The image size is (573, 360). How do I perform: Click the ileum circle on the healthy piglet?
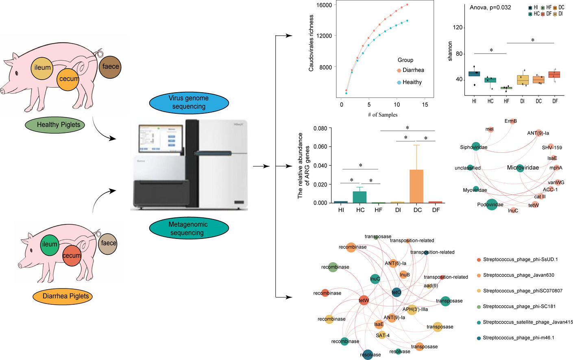pyautogui.click(x=42, y=67)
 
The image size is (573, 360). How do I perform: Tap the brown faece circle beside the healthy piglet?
pyautogui.click(x=110, y=67)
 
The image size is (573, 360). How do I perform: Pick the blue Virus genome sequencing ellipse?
pyautogui.click(x=188, y=102)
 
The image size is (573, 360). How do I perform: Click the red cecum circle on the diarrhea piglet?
pyautogui.click(x=72, y=256)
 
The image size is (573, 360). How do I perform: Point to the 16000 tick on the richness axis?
pyautogui.click(x=324, y=5)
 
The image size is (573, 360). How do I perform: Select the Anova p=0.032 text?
pyautogui.click(x=490, y=7)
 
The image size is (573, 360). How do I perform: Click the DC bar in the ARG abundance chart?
pyautogui.click(x=416, y=186)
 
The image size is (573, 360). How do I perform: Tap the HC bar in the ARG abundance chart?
pyautogui.click(x=359, y=197)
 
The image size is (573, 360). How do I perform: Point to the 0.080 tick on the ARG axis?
pyautogui.click(x=320, y=128)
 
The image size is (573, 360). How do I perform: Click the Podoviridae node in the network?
pyautogui.click(x=492, y=204)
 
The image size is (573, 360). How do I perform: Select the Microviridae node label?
pyautogui.click(x=523, y=167)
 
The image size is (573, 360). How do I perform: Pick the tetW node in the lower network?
pyautogui.click(x=364, y=301)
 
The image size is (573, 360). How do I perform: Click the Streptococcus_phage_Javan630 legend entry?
pyautogui.click(x=518, y=275)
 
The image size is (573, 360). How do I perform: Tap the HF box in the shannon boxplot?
pyautogui.click(x=506, y=88)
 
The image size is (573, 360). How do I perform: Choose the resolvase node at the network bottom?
pyautogui.click(x=368, y=354)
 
